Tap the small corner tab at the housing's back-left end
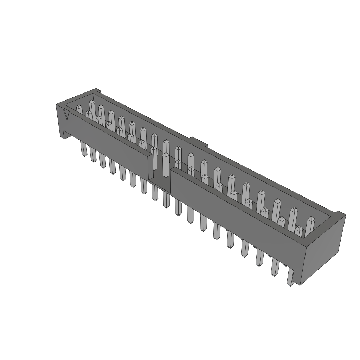pos(95,91)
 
